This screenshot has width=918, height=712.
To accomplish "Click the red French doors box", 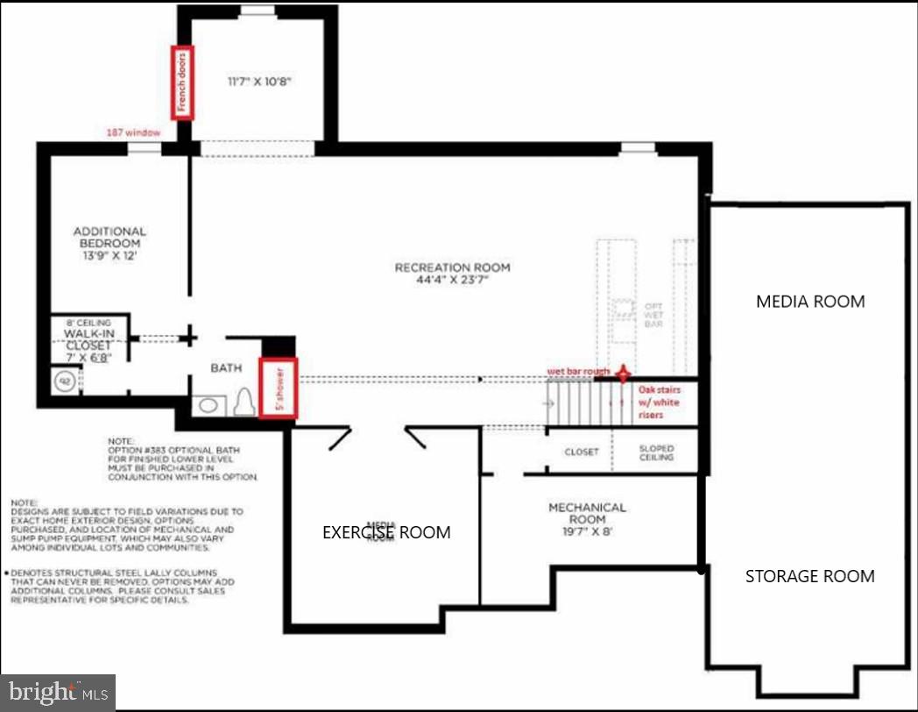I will tap(183, 82).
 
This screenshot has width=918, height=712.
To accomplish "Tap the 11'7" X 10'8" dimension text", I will tap(258, 81).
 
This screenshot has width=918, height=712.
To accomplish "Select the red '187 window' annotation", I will tap(133, 132).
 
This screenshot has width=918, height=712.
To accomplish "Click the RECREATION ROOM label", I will tap(452, 267).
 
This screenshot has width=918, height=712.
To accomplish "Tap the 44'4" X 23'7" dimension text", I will tap(452, 282).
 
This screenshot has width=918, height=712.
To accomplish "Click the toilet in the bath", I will tap(244, 402).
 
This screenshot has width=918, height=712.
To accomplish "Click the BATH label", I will tap(225, 369).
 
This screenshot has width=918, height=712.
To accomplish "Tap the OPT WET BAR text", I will tap(653, 314).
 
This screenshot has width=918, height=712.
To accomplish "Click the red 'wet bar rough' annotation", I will tap(579, 371).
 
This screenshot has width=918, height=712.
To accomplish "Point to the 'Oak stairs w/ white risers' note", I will tap(659, 402).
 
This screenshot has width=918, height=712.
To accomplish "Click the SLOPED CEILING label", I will tap(656, 452).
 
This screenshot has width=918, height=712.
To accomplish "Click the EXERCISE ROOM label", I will tap(386, 532).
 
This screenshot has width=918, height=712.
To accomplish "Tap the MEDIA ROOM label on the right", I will tap(810, 302).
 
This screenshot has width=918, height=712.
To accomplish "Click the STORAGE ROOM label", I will tap(809, 576).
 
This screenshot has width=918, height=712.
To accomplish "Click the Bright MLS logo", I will tap(58, 692).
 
